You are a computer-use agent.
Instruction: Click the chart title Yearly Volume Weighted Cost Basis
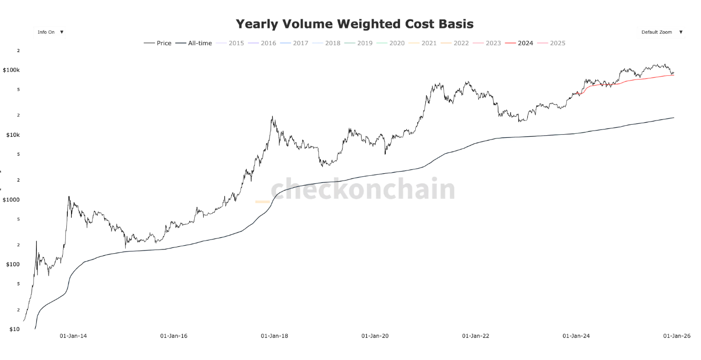click(354, 24)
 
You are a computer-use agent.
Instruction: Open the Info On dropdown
click(50, 32)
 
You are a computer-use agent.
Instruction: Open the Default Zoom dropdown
click(662, 32)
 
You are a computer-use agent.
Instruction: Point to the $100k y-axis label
click(11, 70)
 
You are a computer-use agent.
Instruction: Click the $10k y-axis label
click(13, 135)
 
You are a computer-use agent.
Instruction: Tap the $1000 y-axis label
click(11, 199)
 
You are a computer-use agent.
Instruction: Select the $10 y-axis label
click(14, 329)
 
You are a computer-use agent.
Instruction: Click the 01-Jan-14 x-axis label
click(73, 336)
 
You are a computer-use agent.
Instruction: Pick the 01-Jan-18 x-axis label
click(274, 336)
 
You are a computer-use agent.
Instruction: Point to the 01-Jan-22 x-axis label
click(475, 336)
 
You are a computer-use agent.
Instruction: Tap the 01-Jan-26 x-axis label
click(676, 336)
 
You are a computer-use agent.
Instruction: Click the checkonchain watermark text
click(363, 189)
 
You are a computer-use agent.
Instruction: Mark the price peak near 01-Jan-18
click(272, 117)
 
